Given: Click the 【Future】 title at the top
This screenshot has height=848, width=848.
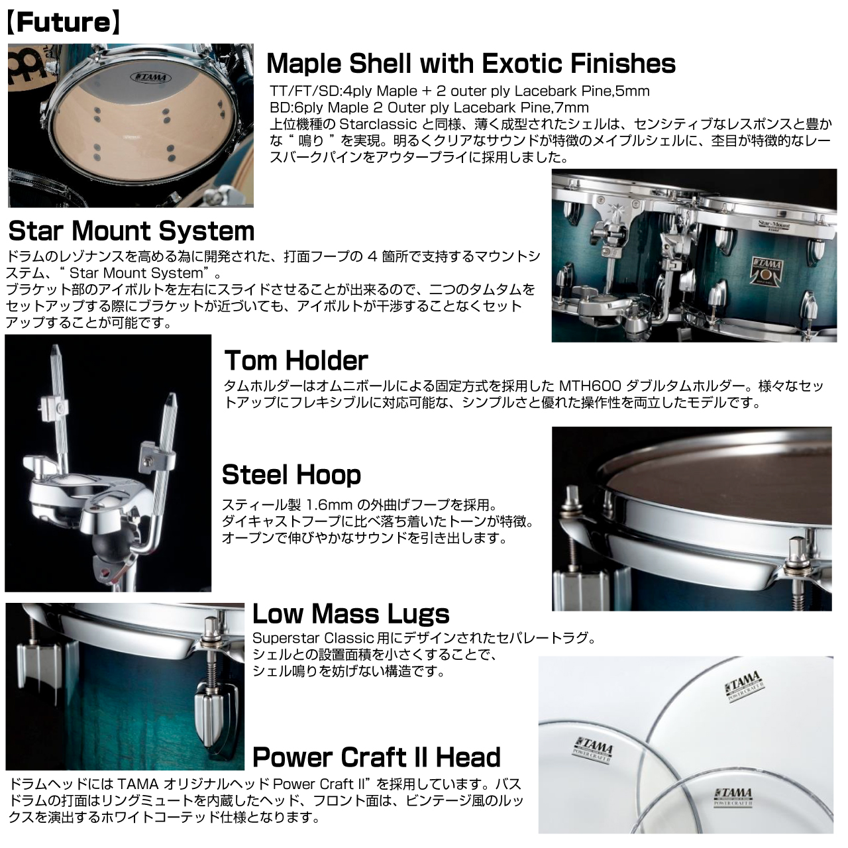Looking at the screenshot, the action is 64,23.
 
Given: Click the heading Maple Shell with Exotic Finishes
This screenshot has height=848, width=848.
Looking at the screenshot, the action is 471,63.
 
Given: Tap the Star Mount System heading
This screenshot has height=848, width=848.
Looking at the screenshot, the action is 131,231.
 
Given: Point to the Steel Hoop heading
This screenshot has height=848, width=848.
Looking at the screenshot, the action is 291,474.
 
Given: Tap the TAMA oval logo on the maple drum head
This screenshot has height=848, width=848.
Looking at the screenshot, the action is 150,78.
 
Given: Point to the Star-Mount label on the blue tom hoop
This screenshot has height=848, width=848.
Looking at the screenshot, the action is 774,226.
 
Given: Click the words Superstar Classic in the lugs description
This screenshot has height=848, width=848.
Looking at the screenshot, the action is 313,638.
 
